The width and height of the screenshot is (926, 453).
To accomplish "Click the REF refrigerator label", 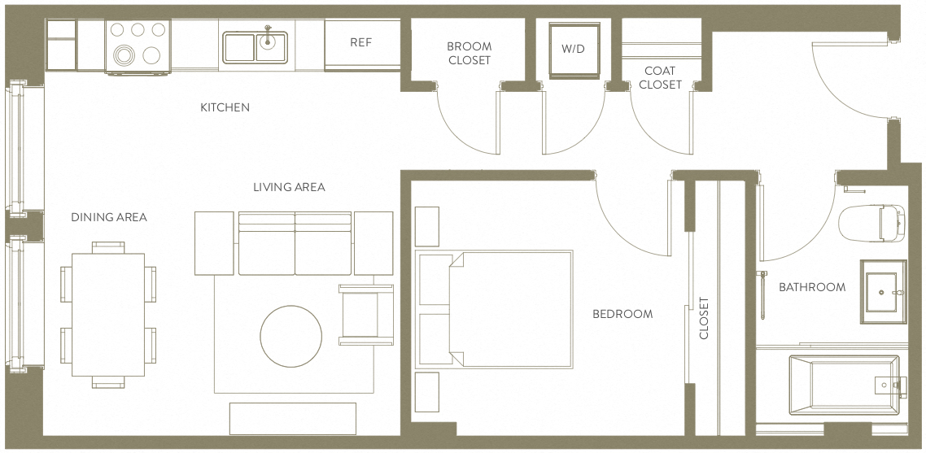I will click(360, 42).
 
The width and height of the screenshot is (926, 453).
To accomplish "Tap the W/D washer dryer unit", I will click(573, 49).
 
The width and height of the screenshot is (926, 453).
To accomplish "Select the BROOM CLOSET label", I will click(470, 54).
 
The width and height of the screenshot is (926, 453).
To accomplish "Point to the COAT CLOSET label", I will click(660, 78).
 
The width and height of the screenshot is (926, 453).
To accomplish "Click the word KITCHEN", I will click(225, 107).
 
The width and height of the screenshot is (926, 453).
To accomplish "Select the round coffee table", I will click(290, 337).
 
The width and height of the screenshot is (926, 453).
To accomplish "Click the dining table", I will click(108, 314).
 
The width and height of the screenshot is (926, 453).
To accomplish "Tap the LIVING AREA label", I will click(289, 187).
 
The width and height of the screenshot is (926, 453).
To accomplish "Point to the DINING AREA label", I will click(109, 217).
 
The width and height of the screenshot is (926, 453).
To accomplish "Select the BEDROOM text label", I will click(622, 314).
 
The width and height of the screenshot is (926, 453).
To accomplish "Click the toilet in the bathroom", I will click(871, 222).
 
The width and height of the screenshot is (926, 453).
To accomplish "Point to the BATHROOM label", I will click(811, 287).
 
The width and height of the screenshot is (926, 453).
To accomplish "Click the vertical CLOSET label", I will click(704, 318).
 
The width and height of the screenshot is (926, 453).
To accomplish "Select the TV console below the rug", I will click(293, 417).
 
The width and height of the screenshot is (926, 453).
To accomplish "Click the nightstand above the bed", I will click(427, 226).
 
